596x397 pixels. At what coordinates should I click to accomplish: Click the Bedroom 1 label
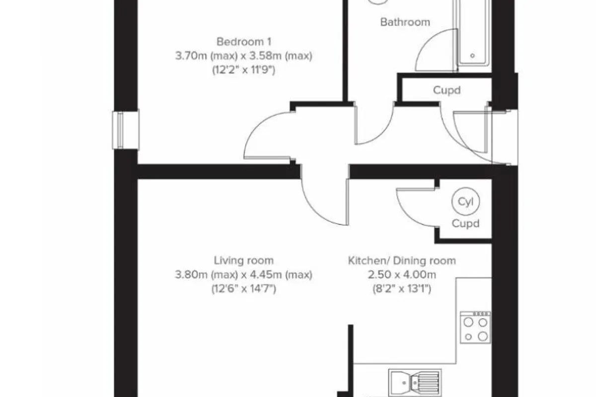click(244, 42)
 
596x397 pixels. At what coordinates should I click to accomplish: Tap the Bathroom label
click(405, 22)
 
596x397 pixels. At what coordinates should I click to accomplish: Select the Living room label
click(244, 261)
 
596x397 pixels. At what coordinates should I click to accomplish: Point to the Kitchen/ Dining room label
click(402, 261)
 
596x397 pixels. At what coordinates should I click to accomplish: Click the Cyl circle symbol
click(466, 201)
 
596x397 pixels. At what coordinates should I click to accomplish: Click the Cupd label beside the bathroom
click(447, 90)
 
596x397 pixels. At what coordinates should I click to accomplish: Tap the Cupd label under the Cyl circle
click(465, 223)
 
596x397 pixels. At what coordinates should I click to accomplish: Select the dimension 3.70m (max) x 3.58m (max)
click(244, 56)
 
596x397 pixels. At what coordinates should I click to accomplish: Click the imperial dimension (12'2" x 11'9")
click(244, 70)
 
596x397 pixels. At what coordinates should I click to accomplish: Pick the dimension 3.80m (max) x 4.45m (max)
click(244, 275)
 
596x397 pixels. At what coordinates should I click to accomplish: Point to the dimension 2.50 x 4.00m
click(402, 275)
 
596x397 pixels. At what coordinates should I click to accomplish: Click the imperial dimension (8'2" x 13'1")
click(402, 289)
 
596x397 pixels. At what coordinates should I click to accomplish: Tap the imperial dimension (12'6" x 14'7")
click(244, 289)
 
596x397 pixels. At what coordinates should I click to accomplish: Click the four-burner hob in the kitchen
click(475, 328)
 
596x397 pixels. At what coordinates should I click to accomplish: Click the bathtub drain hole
click(472, 56)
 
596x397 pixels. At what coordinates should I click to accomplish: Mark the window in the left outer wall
click(126, 130)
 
